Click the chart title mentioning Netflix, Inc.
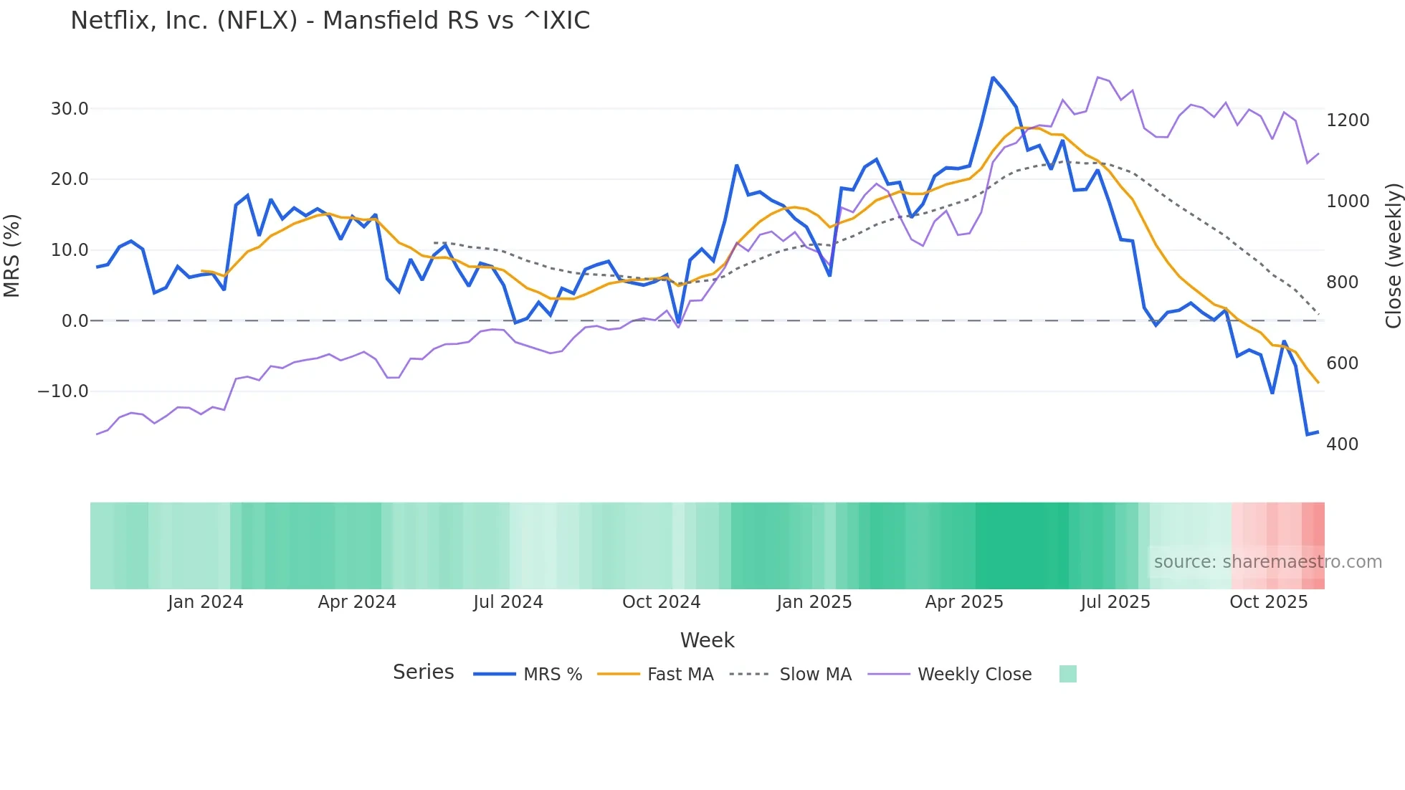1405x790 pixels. pyautogui.click(x=330, y=20)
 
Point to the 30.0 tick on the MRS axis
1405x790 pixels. pyautogui.click(x=69, y=109)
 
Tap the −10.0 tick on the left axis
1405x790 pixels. pyautogui.click(x=63, y=391)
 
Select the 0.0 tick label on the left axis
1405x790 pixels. pyautogui.click(x=75, y=321)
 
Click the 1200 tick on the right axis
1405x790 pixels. pyautogui.click(x=1348, y=120)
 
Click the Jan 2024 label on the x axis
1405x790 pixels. pyautogui.click(x=205, y=602)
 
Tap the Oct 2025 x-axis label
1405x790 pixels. pyautogui.click(x=1268, y=602)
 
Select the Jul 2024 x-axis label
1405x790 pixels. pyautogui.click(x=508, y=602)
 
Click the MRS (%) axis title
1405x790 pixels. pyautogui.click(x=11, y=255)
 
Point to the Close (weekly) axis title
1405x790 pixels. pyautogui.click(x=1393, y=256)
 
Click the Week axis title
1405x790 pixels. pyautogui.click(x=707, y=640)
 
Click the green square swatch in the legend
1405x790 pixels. pyautogui.click(x=1067, y=674)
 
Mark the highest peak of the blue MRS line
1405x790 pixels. pyautogui.click(x=993, y=77)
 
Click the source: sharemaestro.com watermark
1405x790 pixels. pyautogui.click(x=1267, y=562)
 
